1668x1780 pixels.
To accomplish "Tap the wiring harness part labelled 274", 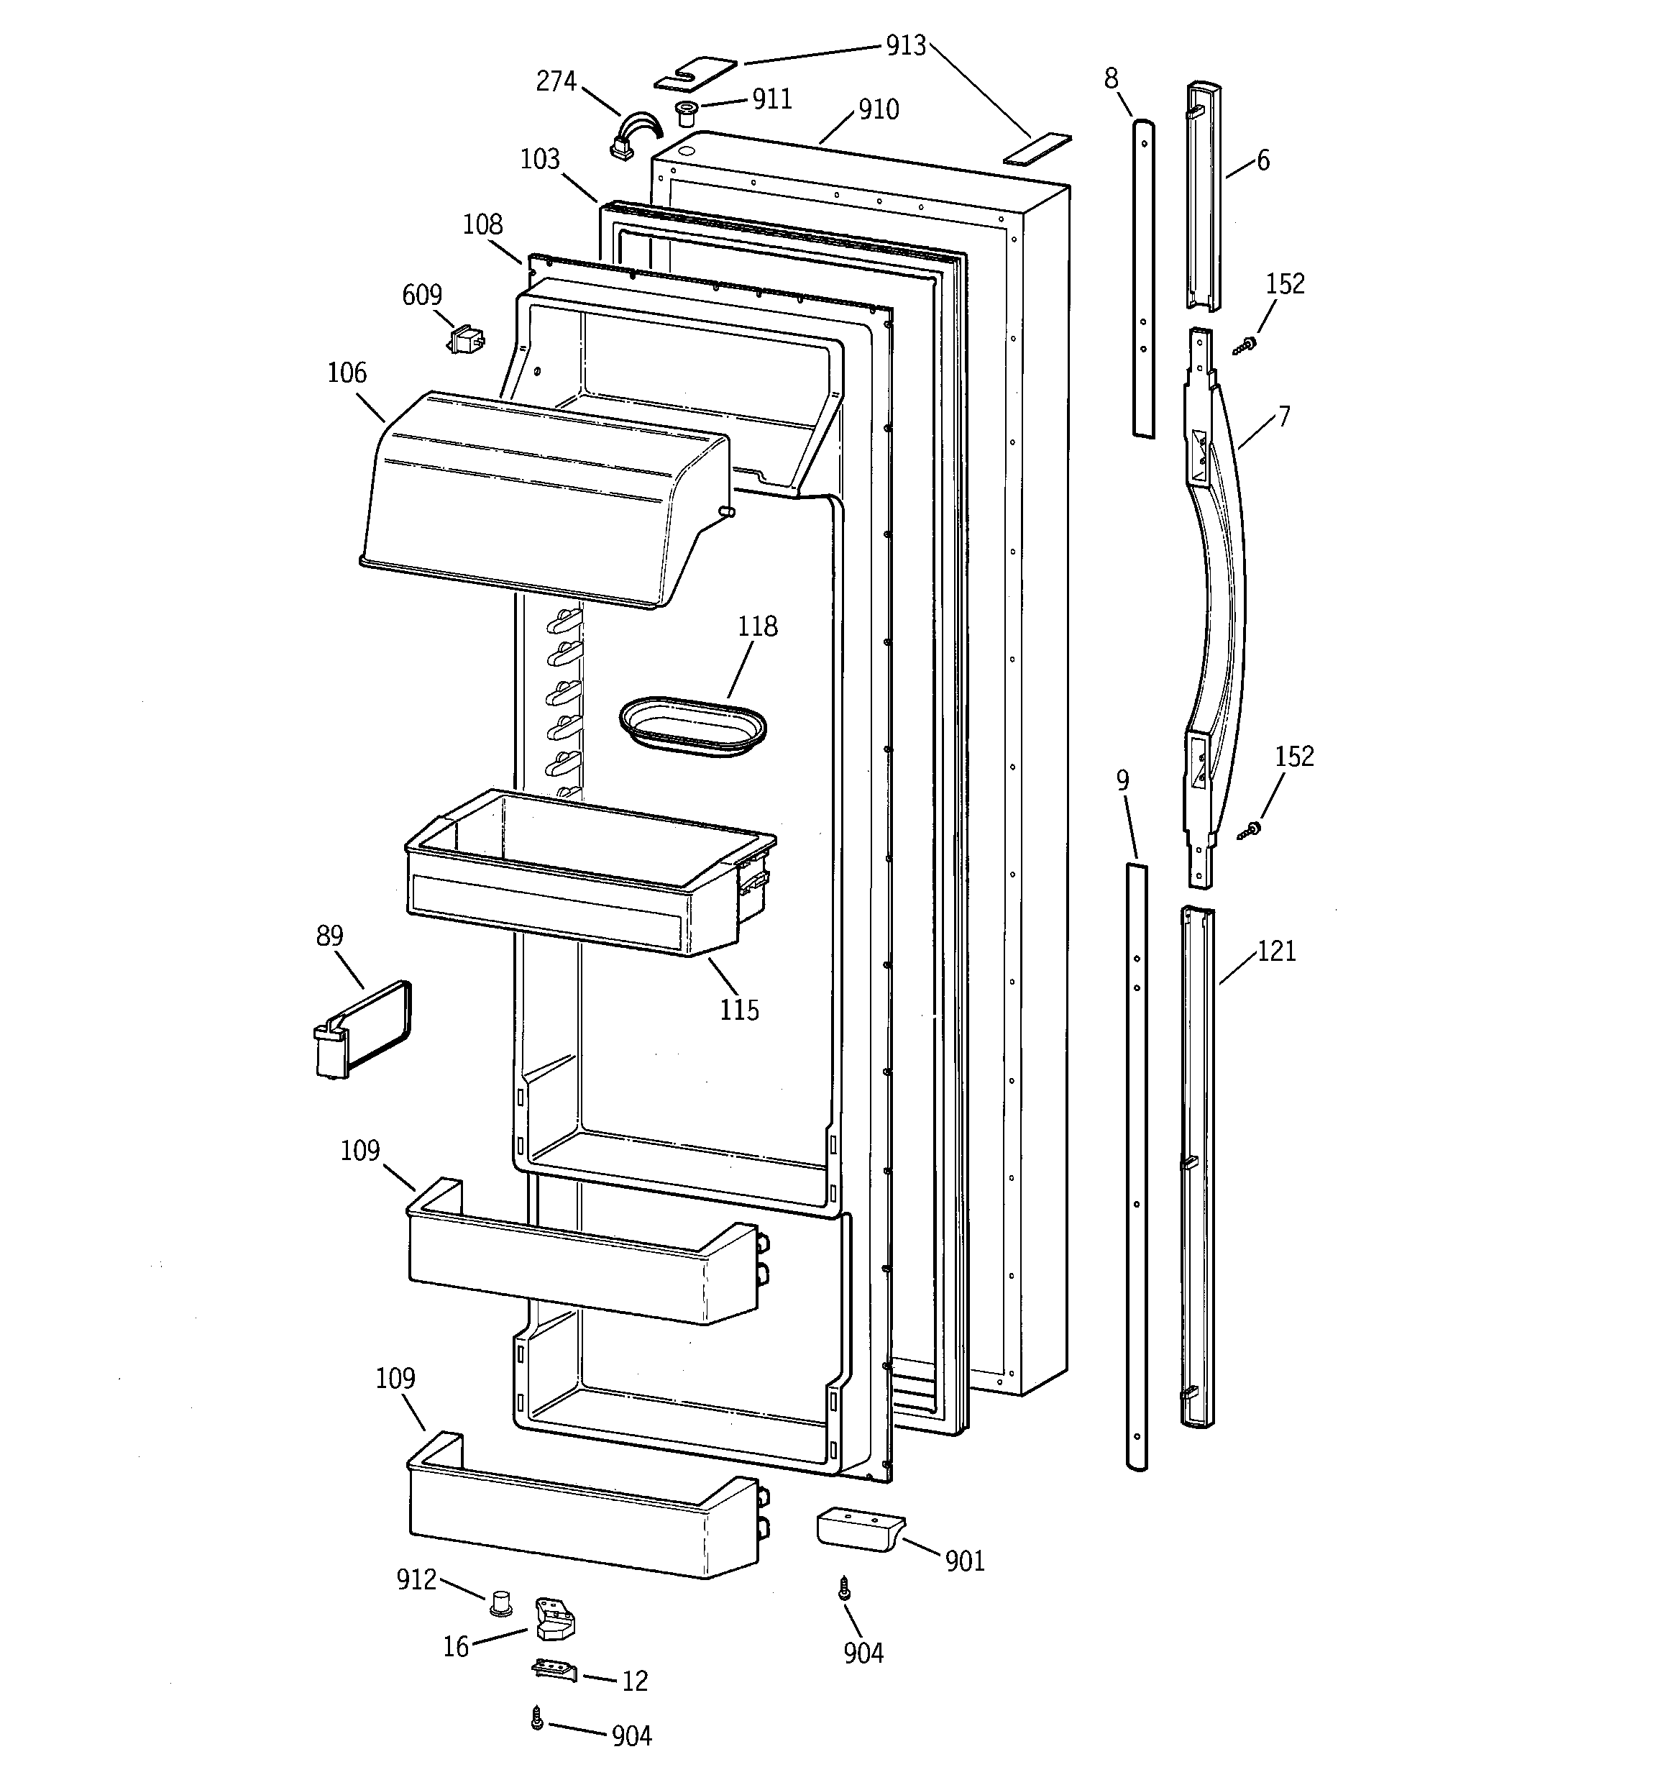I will point(631,137).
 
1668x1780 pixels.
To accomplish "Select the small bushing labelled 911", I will point(687,114).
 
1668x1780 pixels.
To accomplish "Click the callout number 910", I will point(879,110).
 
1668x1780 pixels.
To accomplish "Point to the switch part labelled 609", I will point(466,340).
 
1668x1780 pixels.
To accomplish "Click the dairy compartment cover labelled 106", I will point(537,501).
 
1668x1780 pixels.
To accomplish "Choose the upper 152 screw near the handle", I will point(1245,344).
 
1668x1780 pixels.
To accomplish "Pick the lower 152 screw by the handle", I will point(1250,831).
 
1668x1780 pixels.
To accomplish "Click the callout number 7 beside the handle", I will point(1283,417).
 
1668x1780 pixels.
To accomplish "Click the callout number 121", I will point(1276,951).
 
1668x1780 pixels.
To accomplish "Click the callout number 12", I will point(634,1681).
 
